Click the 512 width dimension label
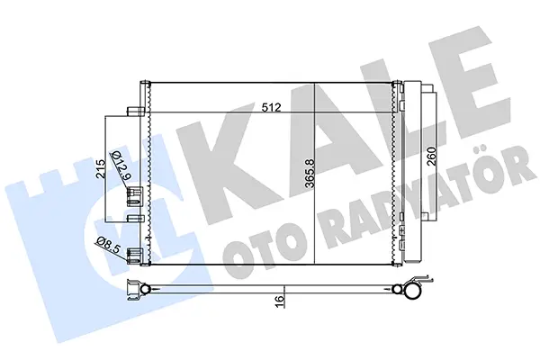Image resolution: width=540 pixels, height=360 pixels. tap(272, 107)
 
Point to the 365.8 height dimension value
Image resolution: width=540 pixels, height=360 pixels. tap(310, 173)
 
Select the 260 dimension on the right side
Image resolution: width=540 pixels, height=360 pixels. tap(431, 157)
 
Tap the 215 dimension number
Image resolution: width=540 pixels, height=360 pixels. tap(101, 169)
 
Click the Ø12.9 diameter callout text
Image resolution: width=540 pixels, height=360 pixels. tap(121, 166)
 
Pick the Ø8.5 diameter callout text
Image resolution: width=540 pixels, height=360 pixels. tap(108, 244)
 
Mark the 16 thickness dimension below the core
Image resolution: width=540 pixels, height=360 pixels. tap(280, 297)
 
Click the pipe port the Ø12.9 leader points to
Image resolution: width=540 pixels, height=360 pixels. tap(135, 195)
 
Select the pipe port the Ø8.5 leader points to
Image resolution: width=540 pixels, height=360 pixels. tap(135, 256)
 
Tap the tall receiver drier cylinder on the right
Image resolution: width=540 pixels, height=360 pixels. tap(412, 172)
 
